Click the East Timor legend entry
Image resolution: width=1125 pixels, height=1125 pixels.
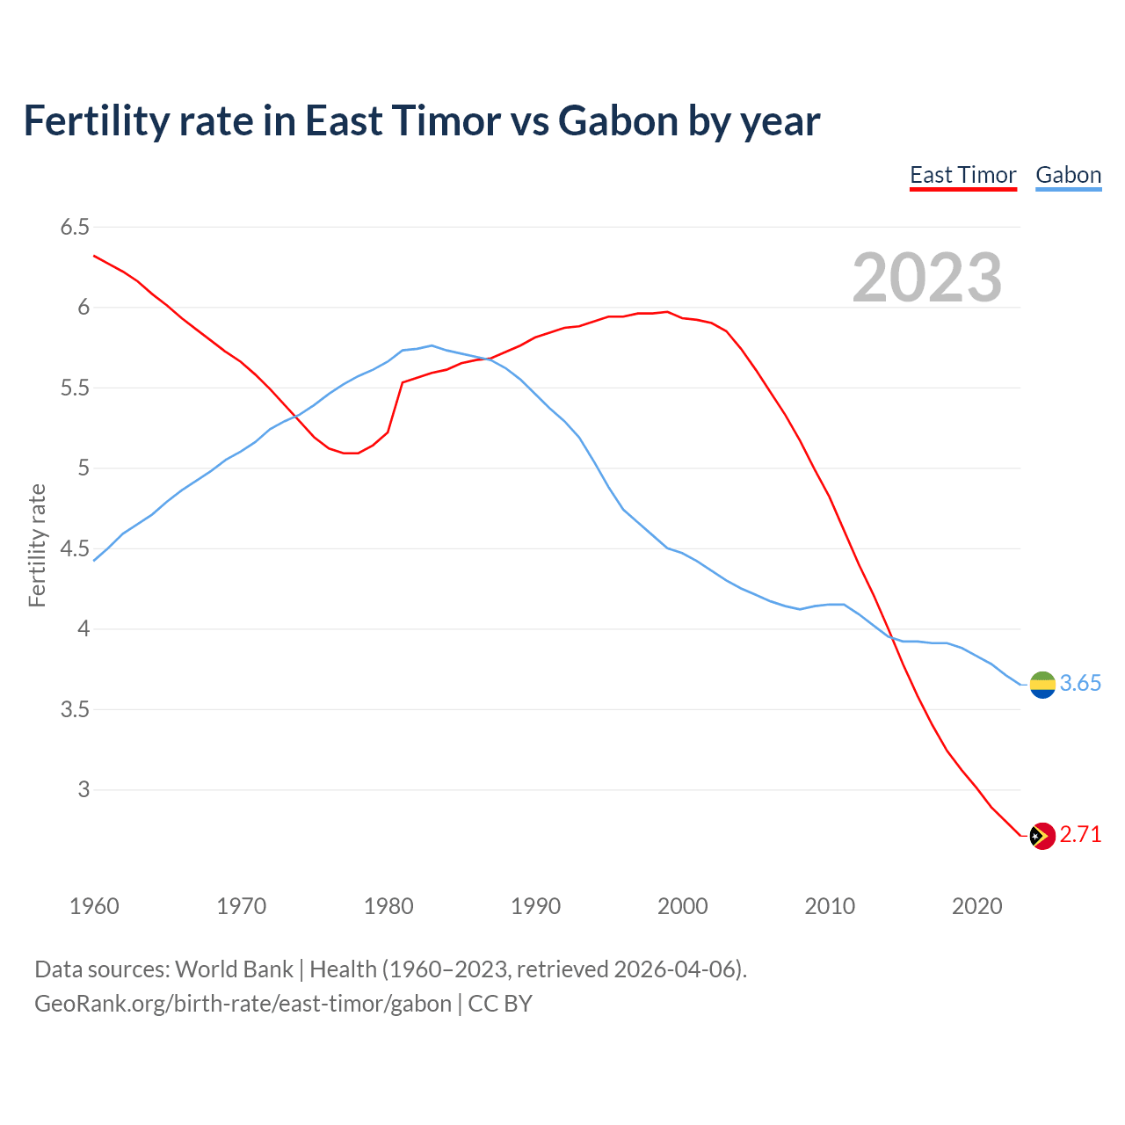tap(962, 175)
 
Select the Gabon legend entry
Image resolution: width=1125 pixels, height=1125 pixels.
tap(1068, 175)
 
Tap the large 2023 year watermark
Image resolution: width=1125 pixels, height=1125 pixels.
tap(926, 278)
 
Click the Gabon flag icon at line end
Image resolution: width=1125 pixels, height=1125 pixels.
tap(1042, 684)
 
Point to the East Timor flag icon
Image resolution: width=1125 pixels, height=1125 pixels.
tap(1042, 835)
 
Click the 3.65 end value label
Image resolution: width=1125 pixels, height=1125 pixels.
tap(1080, 684)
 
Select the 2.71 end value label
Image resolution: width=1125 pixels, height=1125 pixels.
tap(1080, 835)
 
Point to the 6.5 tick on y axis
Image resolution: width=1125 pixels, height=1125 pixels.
tap(75, 228)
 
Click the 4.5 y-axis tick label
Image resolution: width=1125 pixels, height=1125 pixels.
tap(75, 548)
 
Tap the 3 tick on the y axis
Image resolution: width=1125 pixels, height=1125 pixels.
tap(83, 789)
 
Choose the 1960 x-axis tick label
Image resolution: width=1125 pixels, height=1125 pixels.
tap(94, 906)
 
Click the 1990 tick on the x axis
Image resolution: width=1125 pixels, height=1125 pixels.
tap(535, 906)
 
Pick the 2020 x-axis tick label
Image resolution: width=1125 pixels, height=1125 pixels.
tap(976, 906)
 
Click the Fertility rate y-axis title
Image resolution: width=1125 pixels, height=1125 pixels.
tap(37, 545)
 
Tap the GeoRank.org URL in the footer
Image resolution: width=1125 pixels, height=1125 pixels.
tap(243, 1003)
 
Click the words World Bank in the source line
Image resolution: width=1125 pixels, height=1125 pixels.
tap(234, 969)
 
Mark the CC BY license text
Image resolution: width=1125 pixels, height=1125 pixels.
tap(500, 1003)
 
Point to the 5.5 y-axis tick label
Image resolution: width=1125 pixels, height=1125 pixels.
tap(75, 388)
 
